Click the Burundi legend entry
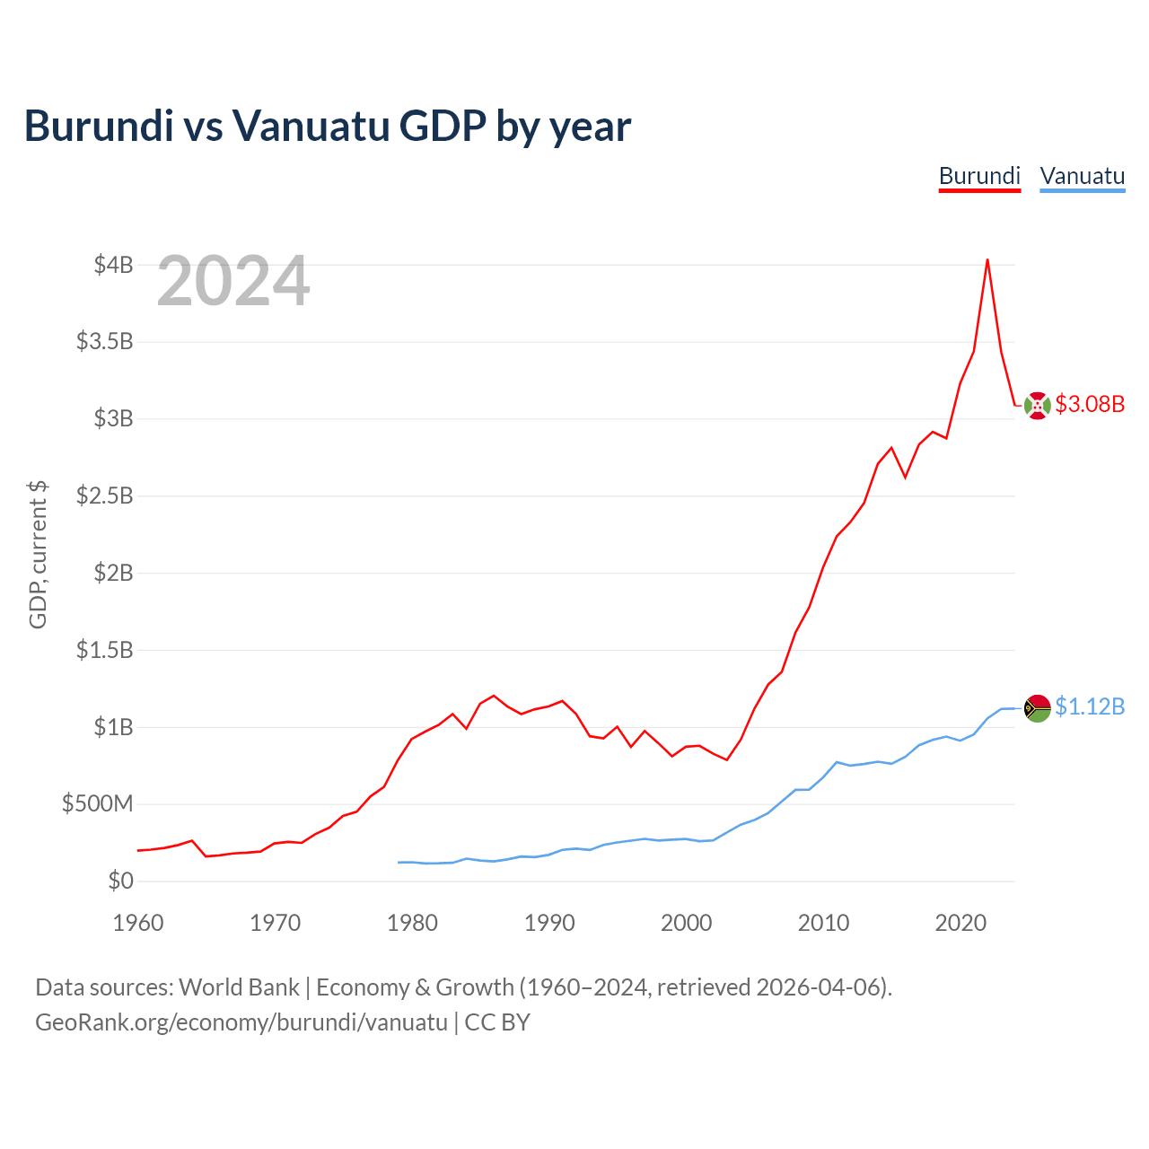pyautogui.click(x=979, y=177)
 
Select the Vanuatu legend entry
pyautogui.click(x=1083, y=177)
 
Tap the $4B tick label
pyautogui.click(x=113, y=265)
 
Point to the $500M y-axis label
pyautogui.click(x=98, y=803)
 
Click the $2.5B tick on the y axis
pyautogui.click(x=105, y=496)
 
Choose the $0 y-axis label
pyautogui.click(x=121, y=881)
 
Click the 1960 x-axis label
pyautogui.click(x=138, y=923)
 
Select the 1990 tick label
pyautogui.click(x=549, y=923)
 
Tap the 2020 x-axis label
pyautogui.click(x=960, y=923)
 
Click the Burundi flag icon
pyautogui.click(x=1037, y=406)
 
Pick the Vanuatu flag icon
pyautogui.click(x=1037, y=708)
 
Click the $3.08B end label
pyautogui.click(x=1090, y=404)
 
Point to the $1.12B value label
pyautogui.click(x=1090, y=706)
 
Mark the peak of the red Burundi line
pyautogui.click(x=987, y=259)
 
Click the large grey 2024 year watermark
pyautogui.click(x=233, y=280)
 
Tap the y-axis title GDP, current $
pyautogui.click(x=39, y=555)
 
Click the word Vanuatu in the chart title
pyautogui.click(x=310, y=127)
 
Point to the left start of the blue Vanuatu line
pyautogui.click(x=399, y=862)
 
